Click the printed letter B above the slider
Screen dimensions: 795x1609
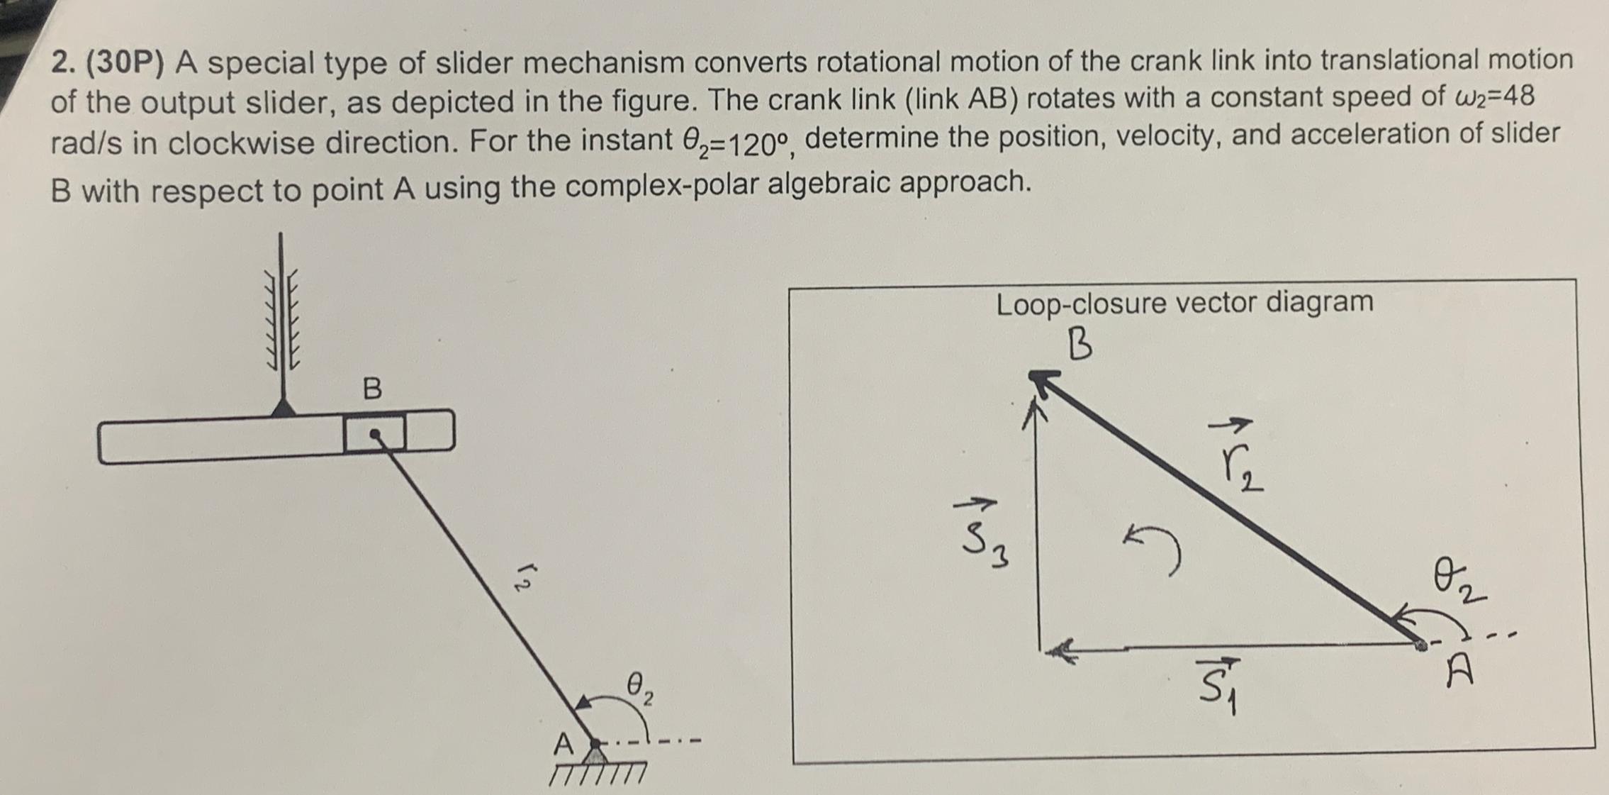coord(372,389)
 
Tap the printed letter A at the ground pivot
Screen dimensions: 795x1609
coord(563,745)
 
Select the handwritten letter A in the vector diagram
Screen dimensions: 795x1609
coord(1459,670)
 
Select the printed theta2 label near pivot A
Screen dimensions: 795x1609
coord(639,688)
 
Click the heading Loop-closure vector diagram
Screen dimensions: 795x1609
coord(1184,304)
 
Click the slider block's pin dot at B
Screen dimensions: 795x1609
coord(375,434)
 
